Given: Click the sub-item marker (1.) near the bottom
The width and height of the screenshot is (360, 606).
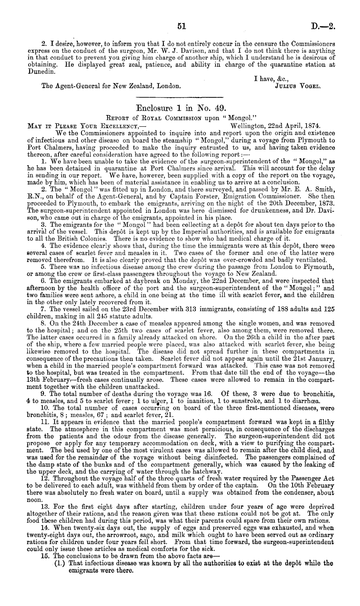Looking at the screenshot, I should tap(60, 563).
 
